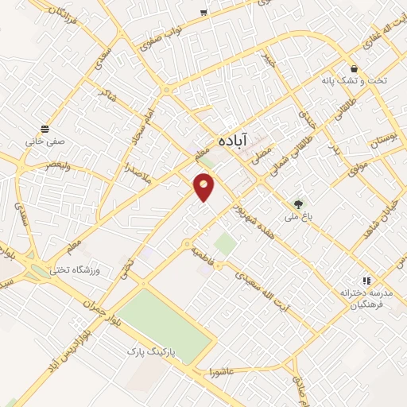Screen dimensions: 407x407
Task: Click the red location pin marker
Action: point(204,187)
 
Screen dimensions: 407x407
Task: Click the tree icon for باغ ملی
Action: point(299,203)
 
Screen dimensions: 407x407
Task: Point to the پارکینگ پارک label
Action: point(155,350)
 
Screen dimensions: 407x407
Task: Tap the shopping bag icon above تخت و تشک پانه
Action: point(354,69)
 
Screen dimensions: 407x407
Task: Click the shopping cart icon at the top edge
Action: point(204,11)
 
